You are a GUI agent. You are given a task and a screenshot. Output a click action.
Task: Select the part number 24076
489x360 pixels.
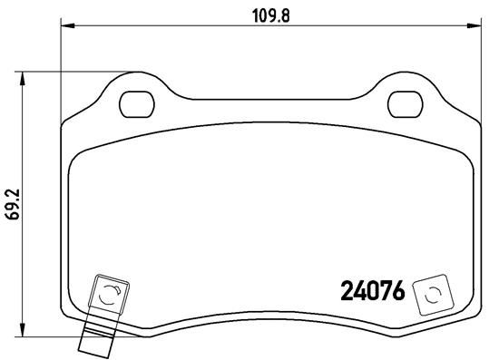(371, 292)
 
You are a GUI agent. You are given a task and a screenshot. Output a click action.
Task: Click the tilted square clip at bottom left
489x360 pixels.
(106, 294)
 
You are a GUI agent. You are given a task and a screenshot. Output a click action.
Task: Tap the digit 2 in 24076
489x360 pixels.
(346, 292)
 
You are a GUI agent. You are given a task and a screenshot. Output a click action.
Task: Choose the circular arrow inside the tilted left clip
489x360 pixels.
(107, 293)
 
